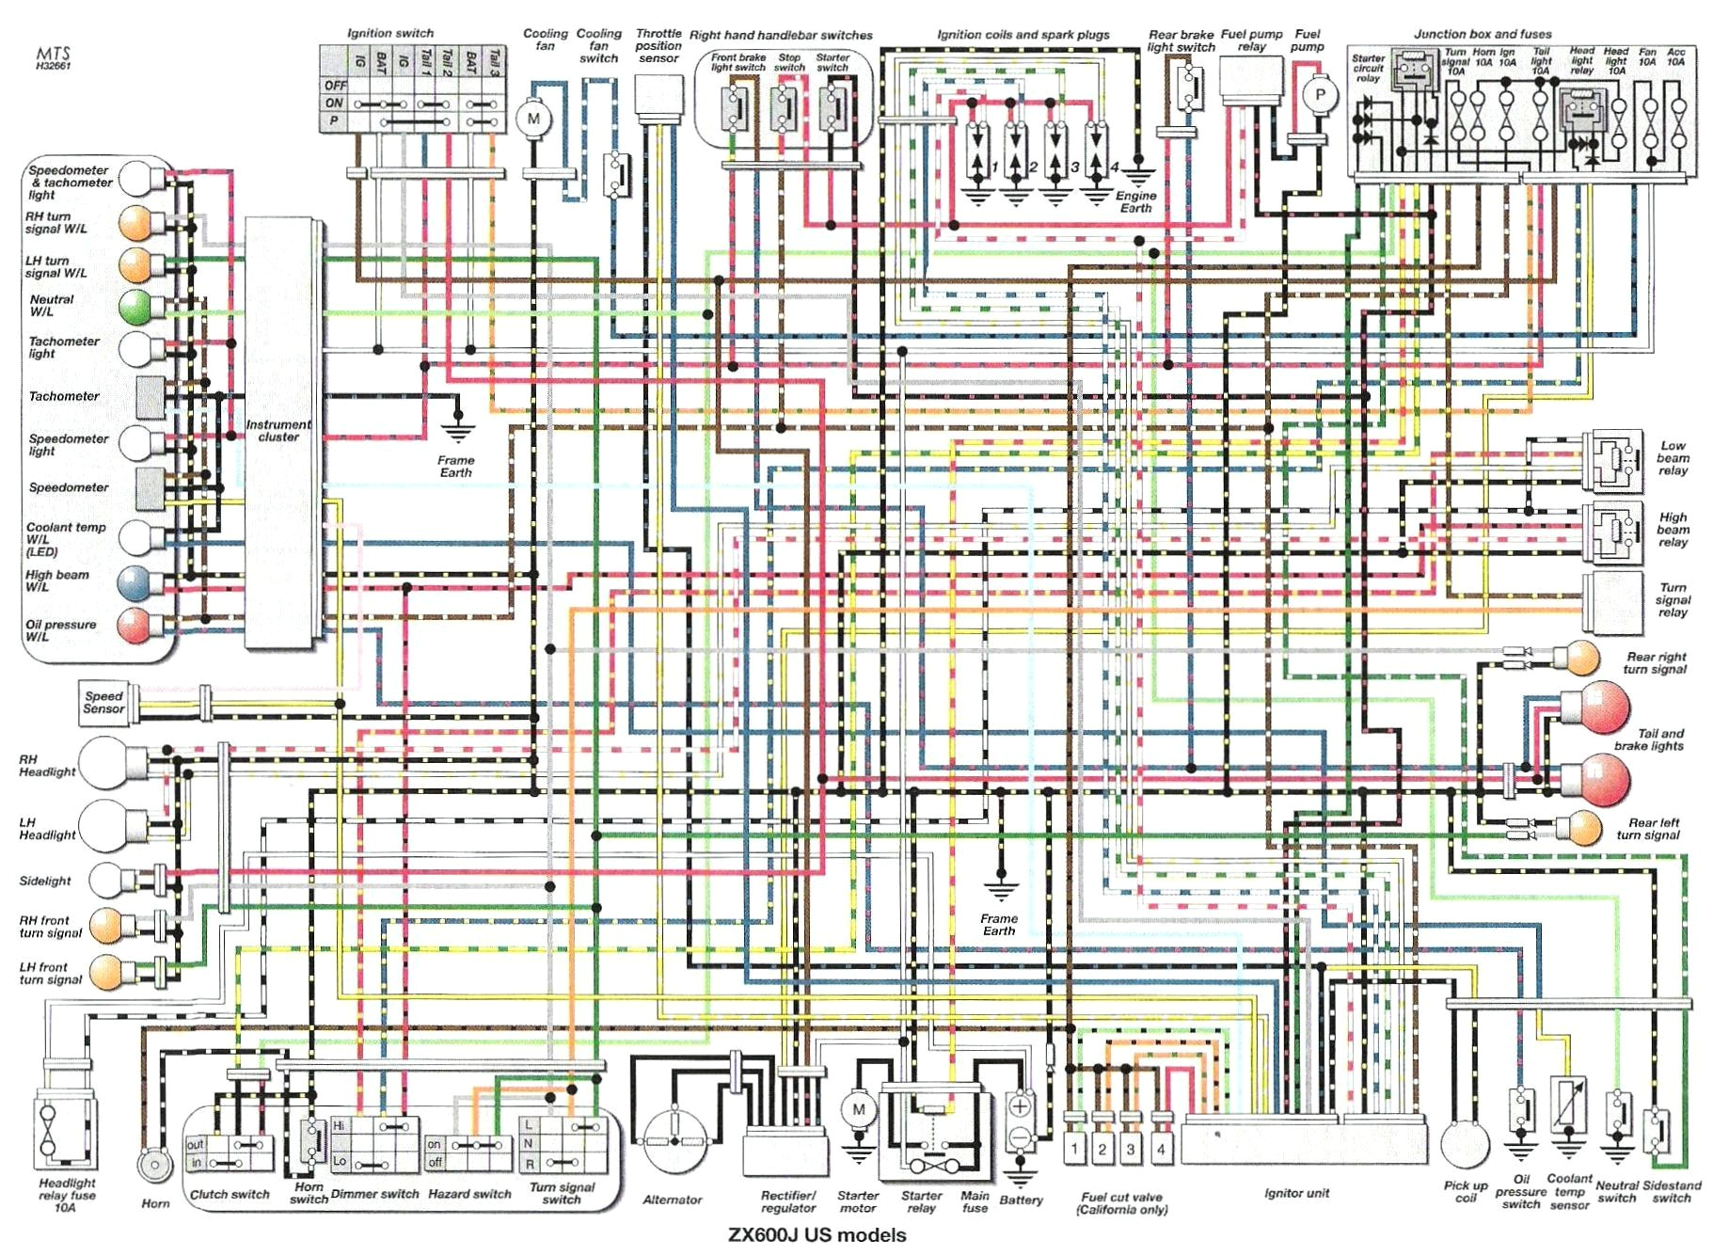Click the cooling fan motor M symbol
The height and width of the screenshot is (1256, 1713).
533,119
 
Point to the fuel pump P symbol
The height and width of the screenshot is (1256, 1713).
1319,95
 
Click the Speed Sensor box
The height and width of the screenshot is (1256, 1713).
103,703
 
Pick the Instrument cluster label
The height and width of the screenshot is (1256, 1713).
278,431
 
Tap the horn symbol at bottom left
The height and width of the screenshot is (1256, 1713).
153,1167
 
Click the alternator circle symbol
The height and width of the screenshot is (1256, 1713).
674,1140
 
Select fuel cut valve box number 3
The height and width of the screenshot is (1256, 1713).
1131,1148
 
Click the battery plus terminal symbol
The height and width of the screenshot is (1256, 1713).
1020,1107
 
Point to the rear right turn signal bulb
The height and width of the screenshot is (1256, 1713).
1582,657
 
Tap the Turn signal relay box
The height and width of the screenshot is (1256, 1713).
1612,600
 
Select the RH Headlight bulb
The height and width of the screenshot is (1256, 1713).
105,764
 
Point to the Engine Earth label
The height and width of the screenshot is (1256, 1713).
1135,201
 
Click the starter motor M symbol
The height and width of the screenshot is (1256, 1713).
858,1109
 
